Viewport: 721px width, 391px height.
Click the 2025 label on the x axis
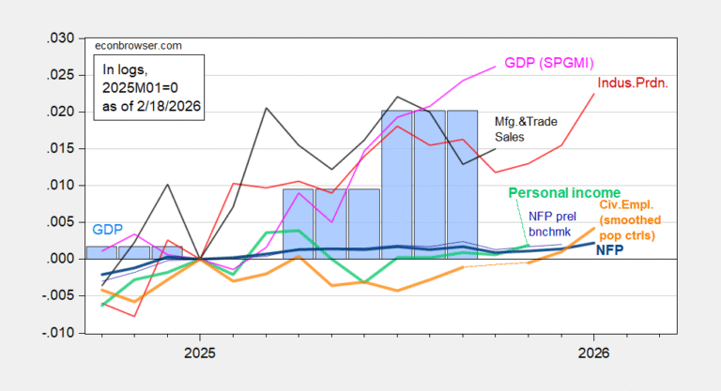199,353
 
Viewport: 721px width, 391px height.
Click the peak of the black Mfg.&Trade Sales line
397,97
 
